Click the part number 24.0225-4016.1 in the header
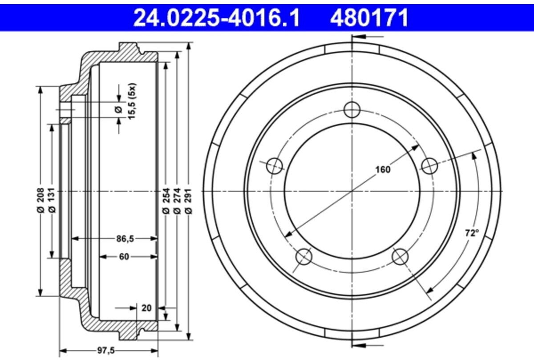pos(216,18)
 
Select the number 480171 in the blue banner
pos(369,18)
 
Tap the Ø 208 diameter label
pos(41,200)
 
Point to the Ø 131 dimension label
pos(52,200)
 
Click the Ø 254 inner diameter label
pos(166,201)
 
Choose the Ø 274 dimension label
pos(177,201)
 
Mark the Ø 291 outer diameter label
pos(188,201)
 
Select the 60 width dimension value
pos(124,257)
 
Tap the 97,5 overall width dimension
pos(106,351)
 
